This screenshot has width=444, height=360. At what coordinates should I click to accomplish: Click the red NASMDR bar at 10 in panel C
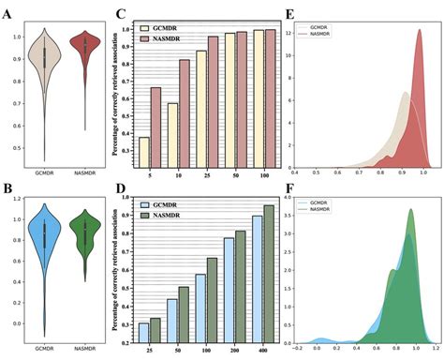coord(185,112)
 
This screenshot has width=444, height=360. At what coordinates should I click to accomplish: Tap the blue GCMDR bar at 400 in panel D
coord(257,273)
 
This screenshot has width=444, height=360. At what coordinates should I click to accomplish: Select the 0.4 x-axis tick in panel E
coord(296,172)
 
